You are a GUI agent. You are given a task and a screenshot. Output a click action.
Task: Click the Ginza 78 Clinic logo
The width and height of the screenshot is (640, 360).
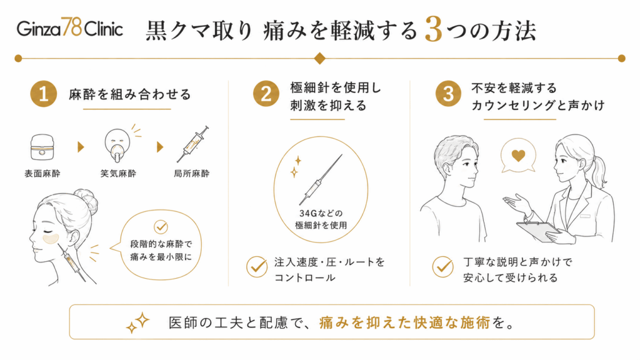tap(70, 27)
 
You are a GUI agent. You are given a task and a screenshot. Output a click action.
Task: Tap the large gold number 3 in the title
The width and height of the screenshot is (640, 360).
tap(433, 29)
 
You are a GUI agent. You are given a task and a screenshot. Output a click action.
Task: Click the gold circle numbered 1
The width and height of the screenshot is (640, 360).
tap(43, 94)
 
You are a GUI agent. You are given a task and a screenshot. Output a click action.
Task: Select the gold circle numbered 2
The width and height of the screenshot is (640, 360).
tap(266, 94)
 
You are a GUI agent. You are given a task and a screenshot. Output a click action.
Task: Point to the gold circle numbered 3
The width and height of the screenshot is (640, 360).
tap(448, 94)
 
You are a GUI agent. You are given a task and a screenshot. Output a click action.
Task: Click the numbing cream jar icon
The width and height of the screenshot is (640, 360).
tap(42, 147)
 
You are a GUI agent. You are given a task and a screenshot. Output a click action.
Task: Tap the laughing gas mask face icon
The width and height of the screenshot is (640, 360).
tap(117, 145)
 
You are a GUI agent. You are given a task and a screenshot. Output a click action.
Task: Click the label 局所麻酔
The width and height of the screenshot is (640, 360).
tap(191, 174)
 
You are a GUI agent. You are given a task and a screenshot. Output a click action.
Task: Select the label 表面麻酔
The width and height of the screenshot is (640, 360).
tap(42, 174)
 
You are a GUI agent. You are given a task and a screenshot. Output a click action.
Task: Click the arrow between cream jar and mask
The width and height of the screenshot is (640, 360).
tap(81, 147)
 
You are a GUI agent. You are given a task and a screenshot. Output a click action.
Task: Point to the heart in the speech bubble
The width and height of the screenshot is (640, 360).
tap(518, 155)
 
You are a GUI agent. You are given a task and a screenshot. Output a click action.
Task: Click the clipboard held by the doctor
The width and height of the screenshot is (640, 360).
tap(538, 231)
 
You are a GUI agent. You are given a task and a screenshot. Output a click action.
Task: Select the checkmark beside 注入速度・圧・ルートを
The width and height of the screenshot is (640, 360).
tap(257, 267)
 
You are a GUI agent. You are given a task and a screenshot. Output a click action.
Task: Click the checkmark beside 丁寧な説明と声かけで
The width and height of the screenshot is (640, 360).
tap(443, 267)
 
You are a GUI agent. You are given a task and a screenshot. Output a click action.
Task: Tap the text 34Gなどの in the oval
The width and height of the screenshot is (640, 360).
tap(321, 213)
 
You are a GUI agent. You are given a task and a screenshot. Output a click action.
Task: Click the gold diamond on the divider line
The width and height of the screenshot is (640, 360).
tap(319, 58)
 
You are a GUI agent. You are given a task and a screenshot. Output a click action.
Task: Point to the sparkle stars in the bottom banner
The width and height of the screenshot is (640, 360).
tap(137, 322)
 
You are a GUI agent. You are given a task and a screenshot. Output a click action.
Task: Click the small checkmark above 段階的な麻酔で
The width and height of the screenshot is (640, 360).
tap(161, 226)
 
